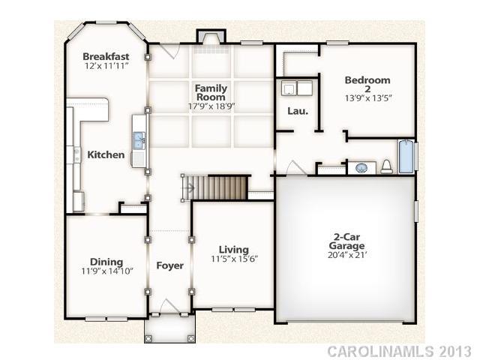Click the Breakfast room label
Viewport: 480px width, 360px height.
pos(106,56)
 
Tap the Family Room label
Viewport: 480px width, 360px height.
pos(211,93)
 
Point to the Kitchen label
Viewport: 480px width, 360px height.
pos(106,154)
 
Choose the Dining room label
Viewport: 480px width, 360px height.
pos(106,262)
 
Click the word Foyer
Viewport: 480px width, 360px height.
pos(169,265)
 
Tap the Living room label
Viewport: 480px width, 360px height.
pos(234,250)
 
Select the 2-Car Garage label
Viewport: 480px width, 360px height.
pos(349,241)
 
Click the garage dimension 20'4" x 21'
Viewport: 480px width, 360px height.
pos(349,255)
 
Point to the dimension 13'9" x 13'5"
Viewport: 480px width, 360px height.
pos(367,97)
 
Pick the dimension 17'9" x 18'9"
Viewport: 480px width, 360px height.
pos(211,106)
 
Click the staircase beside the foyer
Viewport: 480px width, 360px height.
pos(221,187)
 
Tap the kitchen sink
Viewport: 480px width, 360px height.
pos(139,139)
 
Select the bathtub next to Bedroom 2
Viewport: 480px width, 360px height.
pos(406,157)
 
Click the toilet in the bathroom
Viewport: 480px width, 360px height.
pos(386,166)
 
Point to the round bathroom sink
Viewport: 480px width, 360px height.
pos(361,167)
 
